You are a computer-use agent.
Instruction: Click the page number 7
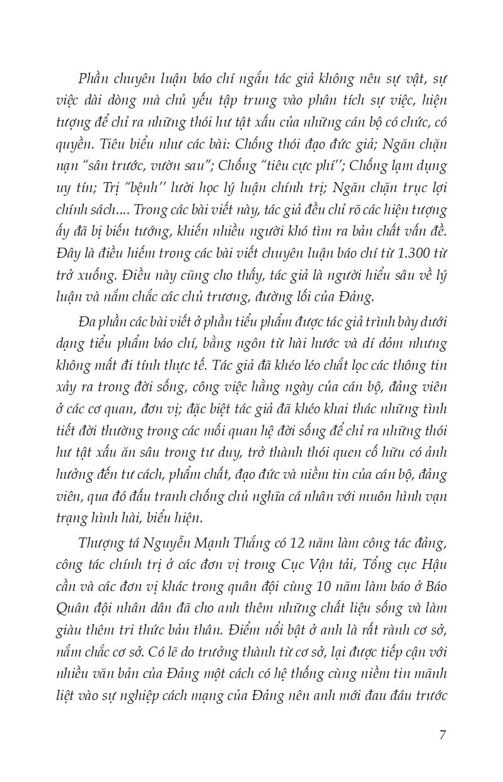442,735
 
